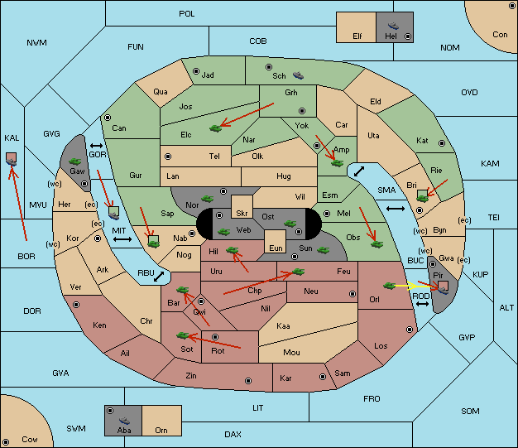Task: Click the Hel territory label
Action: tap(391, 36)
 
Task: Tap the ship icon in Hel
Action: tap(393, 26)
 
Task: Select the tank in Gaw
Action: tap(75, 161)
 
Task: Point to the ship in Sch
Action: tap(299, 75)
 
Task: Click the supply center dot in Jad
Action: tap(196, 71)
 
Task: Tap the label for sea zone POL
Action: tap(187, 14)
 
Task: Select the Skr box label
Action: tap(242, 214)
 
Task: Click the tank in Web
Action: tap(223, 232)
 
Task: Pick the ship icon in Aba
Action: tap(124, 421)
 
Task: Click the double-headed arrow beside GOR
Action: tap(96, 146)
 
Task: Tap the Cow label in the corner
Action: tap(30, 440)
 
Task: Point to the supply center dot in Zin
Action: tap(248, 381)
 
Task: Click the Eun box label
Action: tap(276, 248)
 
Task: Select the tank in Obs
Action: tap(377, 244)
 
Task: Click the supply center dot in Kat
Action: tap(442, 143)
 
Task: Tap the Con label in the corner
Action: tap(500, 35)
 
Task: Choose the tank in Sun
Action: tap(323, 250)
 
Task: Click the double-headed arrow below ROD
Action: tap(422, 304)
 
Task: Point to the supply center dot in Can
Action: tap(108, 118)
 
